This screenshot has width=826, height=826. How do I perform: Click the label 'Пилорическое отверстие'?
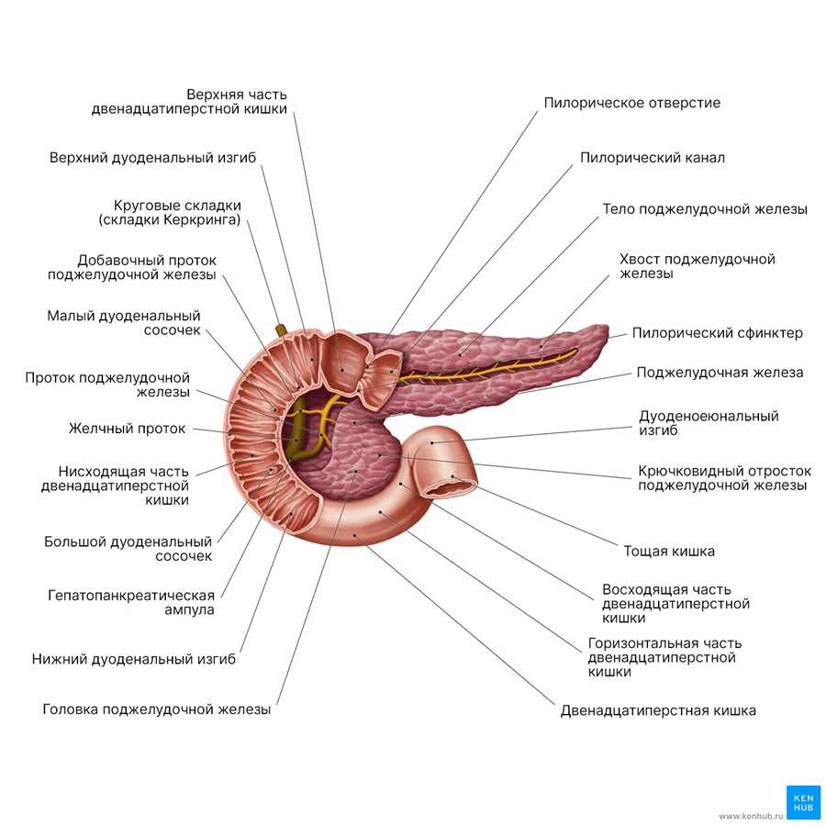tap(631, 103)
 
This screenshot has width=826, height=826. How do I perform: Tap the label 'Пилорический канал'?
tap(653, 158)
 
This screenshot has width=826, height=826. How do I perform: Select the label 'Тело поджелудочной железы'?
tap(705, 209)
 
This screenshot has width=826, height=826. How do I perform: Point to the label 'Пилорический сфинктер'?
tap(717, 333)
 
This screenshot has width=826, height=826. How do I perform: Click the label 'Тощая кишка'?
tap(669, 551)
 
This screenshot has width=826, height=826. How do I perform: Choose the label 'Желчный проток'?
tap(127, 429)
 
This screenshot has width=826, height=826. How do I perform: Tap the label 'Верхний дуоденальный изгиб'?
tap(152, 158)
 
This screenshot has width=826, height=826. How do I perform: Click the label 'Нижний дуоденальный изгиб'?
tap(134, 659)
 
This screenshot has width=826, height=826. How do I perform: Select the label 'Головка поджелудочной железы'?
tap(156, 709)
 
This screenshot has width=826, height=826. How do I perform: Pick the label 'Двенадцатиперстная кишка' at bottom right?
tap(658, 710)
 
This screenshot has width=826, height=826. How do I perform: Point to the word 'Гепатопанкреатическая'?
tap(131, 596)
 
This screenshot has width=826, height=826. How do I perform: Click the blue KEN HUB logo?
tap(803, 802)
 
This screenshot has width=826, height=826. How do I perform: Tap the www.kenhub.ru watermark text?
tap(751, 817)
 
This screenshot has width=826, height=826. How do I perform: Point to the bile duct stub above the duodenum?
tap(282, 330)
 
